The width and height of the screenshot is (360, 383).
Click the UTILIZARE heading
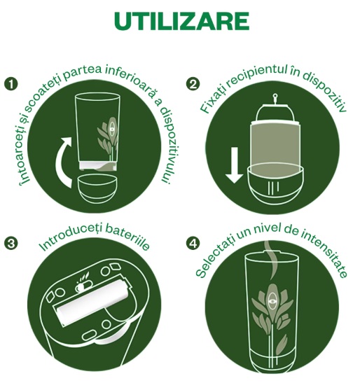click(182, 21)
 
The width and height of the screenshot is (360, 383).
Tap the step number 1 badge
click(11, 84)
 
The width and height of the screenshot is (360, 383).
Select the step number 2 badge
click(193, 84)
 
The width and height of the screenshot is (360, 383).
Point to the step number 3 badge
click(11, 244)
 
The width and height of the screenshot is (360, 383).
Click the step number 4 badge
click(193, 244)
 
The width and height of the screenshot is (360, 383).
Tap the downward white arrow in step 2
click(234, 165)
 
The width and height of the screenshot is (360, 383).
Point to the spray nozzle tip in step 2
click(275, 96)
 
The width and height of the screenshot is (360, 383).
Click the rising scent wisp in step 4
click(272, 260)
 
